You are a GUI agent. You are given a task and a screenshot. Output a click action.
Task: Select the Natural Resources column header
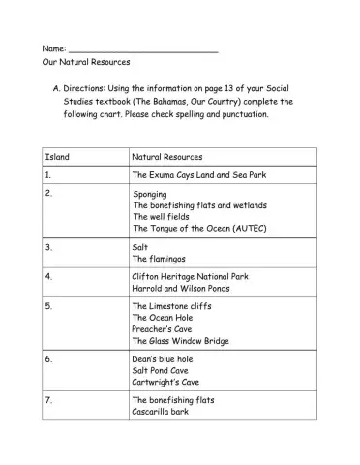click(x=166, y=156)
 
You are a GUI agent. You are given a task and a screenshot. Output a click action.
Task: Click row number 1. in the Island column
click(x=48, y=175)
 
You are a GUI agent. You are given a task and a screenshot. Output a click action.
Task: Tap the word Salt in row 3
click(x=140, y=248)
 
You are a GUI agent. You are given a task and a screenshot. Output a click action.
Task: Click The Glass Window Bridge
click(x=181, y=341)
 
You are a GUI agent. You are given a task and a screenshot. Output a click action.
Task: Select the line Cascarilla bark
click(x=161, y=412)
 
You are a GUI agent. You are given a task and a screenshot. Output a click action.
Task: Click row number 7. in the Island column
click(x=48, y=400)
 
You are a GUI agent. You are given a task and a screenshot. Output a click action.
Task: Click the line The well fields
click(x=162, y=217)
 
